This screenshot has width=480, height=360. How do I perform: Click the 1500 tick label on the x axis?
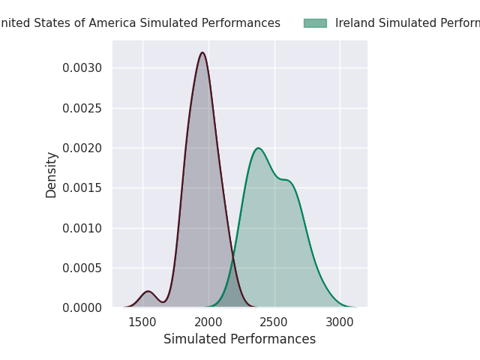[x=142, y=322]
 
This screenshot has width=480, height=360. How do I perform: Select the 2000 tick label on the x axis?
[x=208, y=322]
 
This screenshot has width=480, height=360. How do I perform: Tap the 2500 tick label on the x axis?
[x=274, y=322]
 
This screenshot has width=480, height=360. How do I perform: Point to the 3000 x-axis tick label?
[x=340, y=322]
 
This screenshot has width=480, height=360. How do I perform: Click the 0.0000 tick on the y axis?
[x=82, y=307]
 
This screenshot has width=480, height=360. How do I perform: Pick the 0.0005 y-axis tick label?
[x=82, y=268]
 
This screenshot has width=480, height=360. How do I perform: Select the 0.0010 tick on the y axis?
[x=82, y=228]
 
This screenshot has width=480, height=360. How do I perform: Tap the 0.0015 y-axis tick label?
[x=82, y=187]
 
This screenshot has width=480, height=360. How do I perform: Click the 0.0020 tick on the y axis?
[x=82, y=148]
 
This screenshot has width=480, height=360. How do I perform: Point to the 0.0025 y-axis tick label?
[x=82, y=108]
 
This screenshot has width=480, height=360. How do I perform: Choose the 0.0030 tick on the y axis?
[x=82, y=68]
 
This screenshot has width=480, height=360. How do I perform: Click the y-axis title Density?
[x=52, y=175]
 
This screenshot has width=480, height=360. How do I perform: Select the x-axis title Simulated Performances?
[x=239, y=339]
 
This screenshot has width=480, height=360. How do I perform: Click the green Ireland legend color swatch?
[x=315, y=23]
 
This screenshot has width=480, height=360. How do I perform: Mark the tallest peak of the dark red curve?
[x=202, y=52]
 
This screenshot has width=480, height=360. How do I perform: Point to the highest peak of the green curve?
[x=258, y=148]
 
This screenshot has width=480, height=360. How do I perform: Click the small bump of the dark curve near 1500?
[x=148, y=291]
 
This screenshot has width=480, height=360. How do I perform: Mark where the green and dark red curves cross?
[x=232, y=259]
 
